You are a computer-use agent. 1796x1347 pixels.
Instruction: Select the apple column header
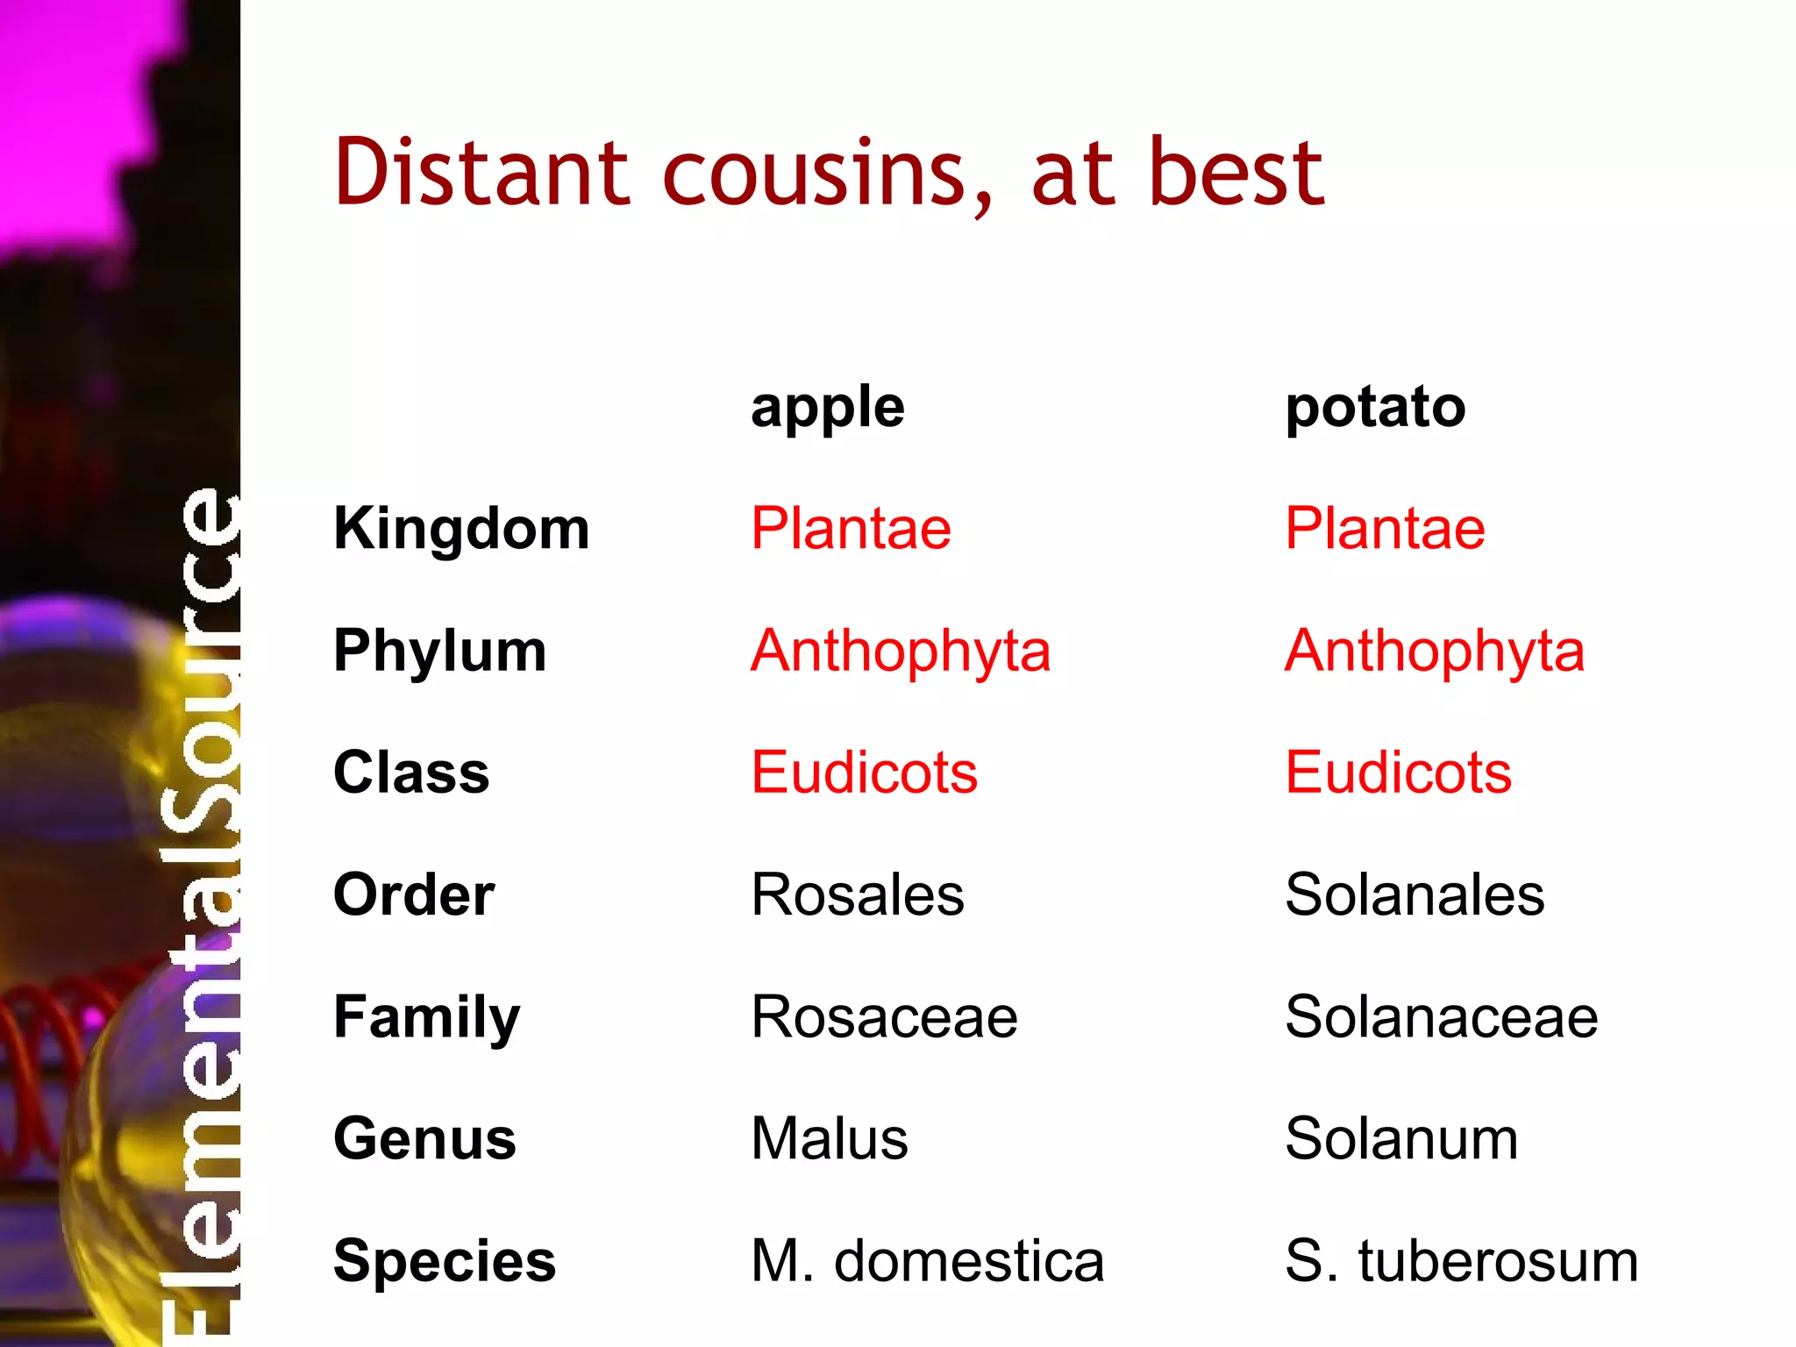coord(827,408)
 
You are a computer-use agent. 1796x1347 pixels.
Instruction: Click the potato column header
coord(1374,408)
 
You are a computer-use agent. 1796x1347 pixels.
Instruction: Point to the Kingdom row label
coord(461,529)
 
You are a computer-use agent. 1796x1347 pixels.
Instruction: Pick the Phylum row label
coord(439,652)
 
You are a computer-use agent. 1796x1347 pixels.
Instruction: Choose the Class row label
coord(411,773)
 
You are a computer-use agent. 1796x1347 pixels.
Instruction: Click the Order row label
coord(414,894)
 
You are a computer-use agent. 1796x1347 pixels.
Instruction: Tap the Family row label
coord(426,1017)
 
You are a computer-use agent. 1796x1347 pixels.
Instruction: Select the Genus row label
coord(424,1138)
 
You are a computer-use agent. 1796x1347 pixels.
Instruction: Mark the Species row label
coord(445,1261)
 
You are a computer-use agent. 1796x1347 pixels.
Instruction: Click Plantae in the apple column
coord(851,529)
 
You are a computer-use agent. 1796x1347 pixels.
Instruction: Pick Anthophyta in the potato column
coord(1435,652)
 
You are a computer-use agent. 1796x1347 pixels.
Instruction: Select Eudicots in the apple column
coord(864,773)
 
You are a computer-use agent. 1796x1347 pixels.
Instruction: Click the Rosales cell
coord(857,894)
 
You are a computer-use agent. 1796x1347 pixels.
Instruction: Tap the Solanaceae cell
coord(1441,1017)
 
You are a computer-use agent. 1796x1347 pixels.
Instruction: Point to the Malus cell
coord(829,1138)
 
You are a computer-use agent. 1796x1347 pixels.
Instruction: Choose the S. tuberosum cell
coord(1461,1261)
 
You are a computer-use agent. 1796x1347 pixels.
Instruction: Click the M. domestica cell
coord(927,1261)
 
